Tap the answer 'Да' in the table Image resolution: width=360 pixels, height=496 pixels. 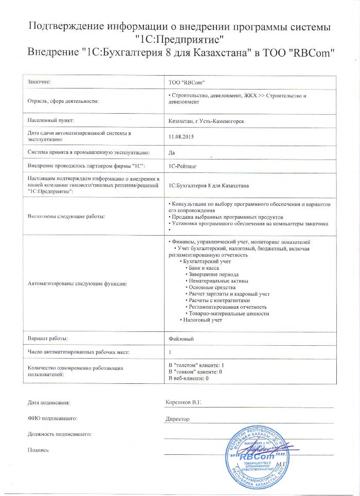(x=172, y=152)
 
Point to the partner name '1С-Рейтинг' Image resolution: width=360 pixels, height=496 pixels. (x=183, y=166)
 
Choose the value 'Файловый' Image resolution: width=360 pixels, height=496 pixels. (x=181, y=339)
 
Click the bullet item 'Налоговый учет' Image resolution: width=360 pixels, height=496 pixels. (x=202, y=320)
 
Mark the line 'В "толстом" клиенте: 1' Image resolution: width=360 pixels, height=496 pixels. (x=196, y=365)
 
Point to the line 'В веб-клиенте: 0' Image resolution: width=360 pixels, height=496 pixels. (x=188, y=378)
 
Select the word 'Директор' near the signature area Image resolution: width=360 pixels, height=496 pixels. (x=177, y=418)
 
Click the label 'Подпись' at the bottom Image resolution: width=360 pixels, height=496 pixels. (x=39, y=450)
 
